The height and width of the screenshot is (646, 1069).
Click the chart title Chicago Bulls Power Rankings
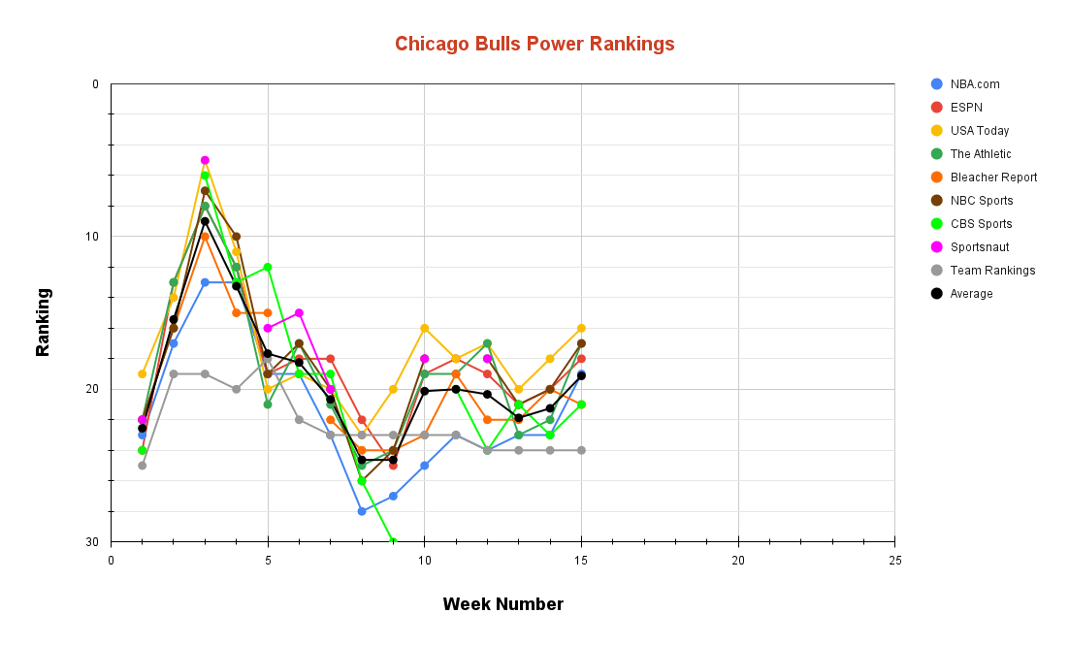[x=534, y=44]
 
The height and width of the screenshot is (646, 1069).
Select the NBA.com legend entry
[x=974, y=84]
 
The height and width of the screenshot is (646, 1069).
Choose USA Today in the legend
[x=979, y=131]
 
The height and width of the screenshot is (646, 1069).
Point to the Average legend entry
[x=971, y=294]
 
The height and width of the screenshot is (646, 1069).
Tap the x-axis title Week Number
[x=502, y=604]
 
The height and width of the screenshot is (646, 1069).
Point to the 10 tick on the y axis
[x=93, y=237]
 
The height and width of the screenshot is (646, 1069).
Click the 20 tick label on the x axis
[x=737, y=561]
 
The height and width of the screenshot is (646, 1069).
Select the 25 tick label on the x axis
[x=894, y=561]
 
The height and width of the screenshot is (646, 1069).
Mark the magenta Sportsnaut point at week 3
[x=205, y=160]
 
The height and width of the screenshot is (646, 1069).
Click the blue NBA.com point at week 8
[x=362, y=511]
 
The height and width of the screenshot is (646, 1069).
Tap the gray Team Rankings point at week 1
[x=143, y=466]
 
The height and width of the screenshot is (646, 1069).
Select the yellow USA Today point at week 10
[x=424, y=328]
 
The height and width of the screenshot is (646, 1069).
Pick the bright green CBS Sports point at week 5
[x=268, y=267]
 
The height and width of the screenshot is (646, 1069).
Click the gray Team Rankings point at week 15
[x=581, y=450]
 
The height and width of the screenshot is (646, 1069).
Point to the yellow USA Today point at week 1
[x=143, y=373]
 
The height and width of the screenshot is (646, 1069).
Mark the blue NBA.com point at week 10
[x=424, y=466]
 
